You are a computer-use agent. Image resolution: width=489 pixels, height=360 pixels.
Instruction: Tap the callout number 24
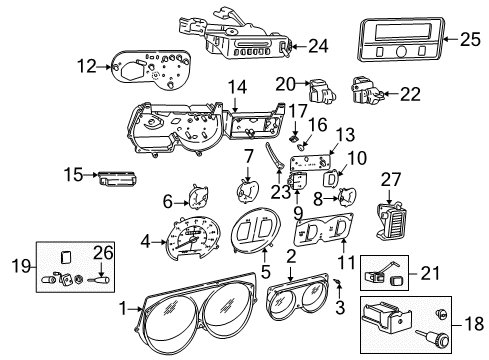[x=317, y=44]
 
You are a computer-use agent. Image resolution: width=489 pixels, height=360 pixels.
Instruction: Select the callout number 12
[x=86, y=66]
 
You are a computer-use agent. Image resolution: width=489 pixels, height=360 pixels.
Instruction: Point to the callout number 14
[x=236, y=89]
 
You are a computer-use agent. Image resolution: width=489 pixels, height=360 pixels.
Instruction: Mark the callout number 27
[x=391, y=179]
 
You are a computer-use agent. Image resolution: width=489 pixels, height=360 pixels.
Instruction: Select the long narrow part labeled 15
[x=118, y=177]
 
